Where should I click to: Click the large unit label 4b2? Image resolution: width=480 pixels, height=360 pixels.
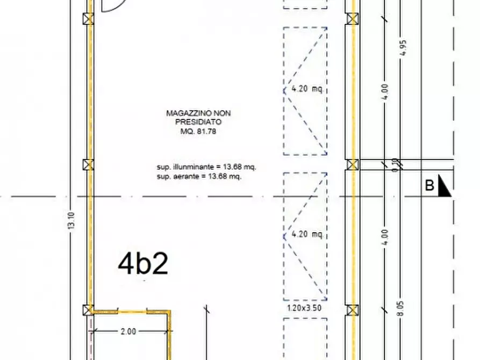143,264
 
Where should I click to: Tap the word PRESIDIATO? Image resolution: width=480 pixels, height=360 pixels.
198,122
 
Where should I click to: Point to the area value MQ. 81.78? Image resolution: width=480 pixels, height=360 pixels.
198,131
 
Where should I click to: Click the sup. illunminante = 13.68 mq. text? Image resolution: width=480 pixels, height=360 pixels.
206,167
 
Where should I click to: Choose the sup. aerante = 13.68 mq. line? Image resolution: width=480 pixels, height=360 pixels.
199,176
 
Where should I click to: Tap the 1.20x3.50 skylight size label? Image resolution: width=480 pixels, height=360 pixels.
305,308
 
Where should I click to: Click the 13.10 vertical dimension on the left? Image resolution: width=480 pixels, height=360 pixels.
71,221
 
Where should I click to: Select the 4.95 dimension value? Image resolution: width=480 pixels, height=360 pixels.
403,48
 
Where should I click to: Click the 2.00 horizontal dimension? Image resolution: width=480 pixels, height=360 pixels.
128,331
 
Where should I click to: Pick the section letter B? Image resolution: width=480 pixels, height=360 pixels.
429,185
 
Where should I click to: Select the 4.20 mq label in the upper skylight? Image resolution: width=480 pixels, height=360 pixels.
307,89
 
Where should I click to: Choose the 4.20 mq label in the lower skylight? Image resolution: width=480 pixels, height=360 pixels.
307,234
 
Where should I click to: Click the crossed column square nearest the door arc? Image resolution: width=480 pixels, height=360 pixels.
88,19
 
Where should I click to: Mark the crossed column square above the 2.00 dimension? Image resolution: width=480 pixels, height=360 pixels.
88,310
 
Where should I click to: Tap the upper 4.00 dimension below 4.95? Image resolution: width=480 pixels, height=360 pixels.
385,91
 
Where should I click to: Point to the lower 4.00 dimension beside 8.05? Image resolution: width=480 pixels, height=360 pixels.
385,237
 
